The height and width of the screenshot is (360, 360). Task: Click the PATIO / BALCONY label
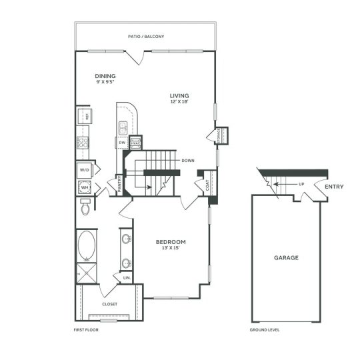pyautogui.click(x=147, y=37)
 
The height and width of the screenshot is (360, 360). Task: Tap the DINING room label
pyautogui.click(x=106, y=76)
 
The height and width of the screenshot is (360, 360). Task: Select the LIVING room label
pyautogui.click(x=180, y=96)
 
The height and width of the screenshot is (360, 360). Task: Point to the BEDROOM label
pyautogui.click(x=171, y=241)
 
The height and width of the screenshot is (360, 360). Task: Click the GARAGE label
pyautogui.click(x=286, y=257)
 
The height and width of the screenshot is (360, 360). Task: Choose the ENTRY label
pyautogui.click(x=334, y=187)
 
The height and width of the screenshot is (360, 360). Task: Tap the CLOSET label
pyautogui.click(x=110, y=304)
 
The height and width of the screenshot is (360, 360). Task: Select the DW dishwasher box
pyautogui.click(x=122, y=143)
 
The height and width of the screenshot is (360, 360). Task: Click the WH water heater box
pyautogui.click(x=85, y=188)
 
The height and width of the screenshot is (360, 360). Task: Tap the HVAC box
pyautogui.click(x=135, y=143)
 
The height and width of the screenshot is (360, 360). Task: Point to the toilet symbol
pyautogui.click(x=84, y=210)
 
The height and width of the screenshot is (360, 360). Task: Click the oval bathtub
pyautogui.click(x=87, y=247)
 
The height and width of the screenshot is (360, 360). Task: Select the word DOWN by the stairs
pyautogui.click(x=187, y=161)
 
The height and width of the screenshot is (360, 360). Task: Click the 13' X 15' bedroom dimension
pyautogui.click(x=171, y=249)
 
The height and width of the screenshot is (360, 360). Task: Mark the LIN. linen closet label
pyautogui.click(x=127, y=277)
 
